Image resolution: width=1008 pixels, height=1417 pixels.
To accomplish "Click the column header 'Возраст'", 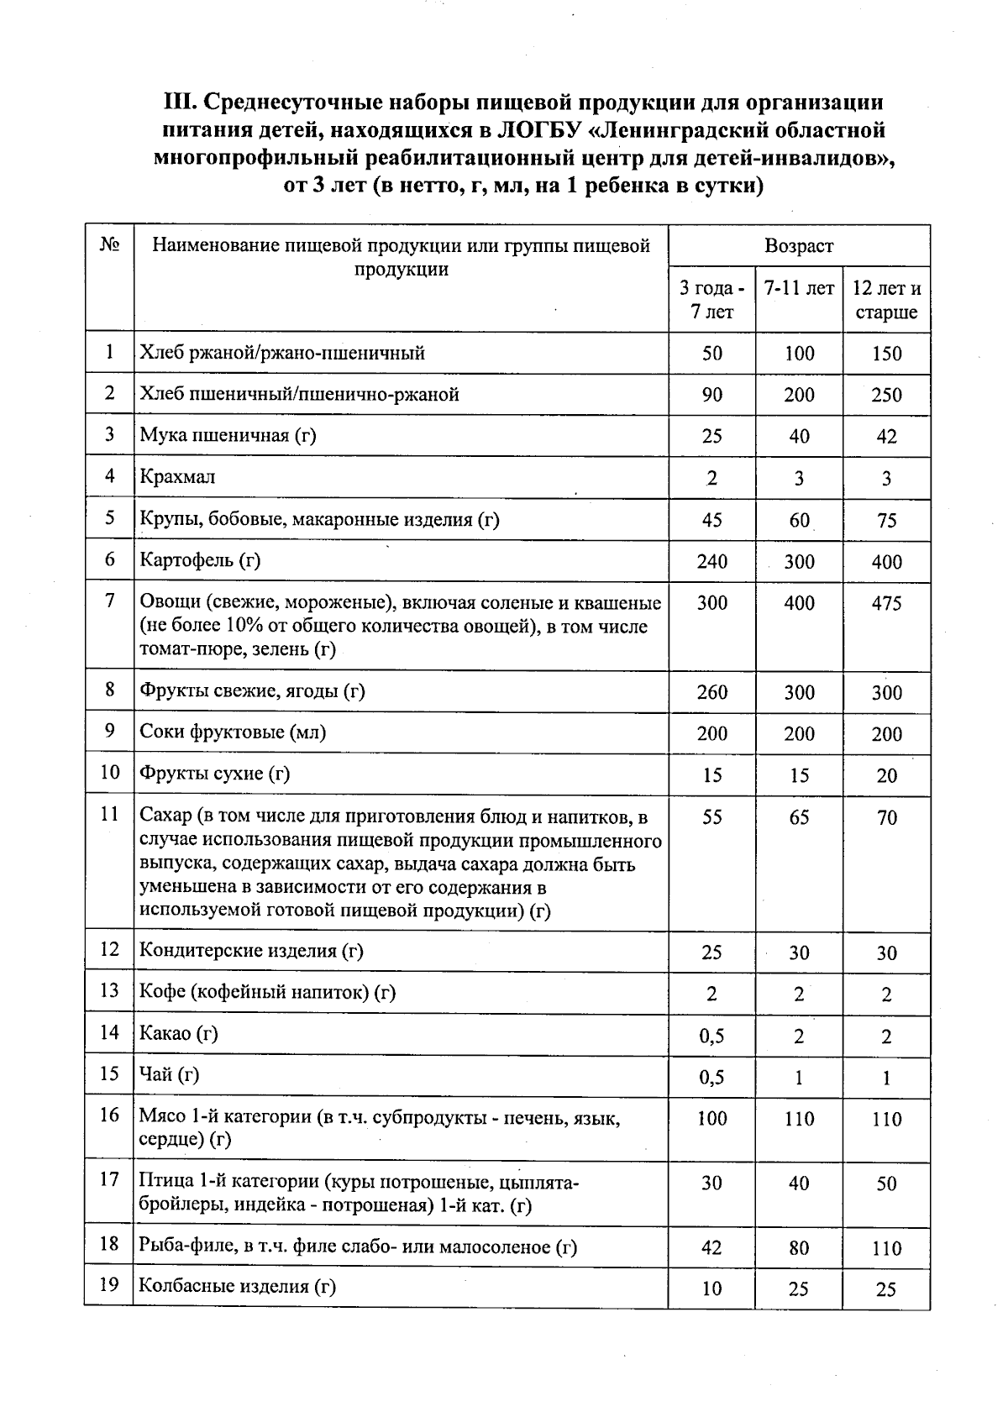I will (798, 246).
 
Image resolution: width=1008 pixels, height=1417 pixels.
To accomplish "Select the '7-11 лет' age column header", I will (798, 289).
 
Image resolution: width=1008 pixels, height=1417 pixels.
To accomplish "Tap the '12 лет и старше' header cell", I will (886, 301).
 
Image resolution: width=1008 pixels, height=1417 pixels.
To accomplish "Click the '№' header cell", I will (109, 245).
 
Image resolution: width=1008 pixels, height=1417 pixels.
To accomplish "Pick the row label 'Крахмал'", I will (177, 477).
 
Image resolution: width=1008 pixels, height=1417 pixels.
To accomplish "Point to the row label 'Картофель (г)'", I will (200, 560).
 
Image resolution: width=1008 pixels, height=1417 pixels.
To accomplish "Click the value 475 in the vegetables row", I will (886, 603).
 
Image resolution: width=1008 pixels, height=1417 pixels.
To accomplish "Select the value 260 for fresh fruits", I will (711, 692).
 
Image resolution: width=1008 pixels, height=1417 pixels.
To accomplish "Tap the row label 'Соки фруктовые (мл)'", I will (233, 732).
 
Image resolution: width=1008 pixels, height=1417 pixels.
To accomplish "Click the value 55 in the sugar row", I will (711, 817).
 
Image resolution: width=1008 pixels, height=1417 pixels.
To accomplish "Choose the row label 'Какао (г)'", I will (178, 1033).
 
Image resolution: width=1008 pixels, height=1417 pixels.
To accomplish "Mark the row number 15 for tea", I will (109, 1074).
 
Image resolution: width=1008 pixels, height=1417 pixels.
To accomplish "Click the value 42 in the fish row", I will (711, 1247).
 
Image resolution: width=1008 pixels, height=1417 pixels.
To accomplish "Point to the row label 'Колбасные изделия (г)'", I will (238, 1287).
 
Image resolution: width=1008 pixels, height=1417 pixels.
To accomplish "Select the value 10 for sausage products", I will (711, 1288).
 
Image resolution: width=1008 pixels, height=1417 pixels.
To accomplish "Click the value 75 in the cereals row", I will (886, 520).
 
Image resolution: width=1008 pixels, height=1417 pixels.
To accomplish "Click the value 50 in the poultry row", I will (886, 1183).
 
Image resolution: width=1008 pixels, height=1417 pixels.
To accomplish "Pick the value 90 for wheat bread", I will (711, 395).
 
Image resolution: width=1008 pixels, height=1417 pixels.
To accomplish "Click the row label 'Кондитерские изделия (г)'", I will (250, 951).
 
